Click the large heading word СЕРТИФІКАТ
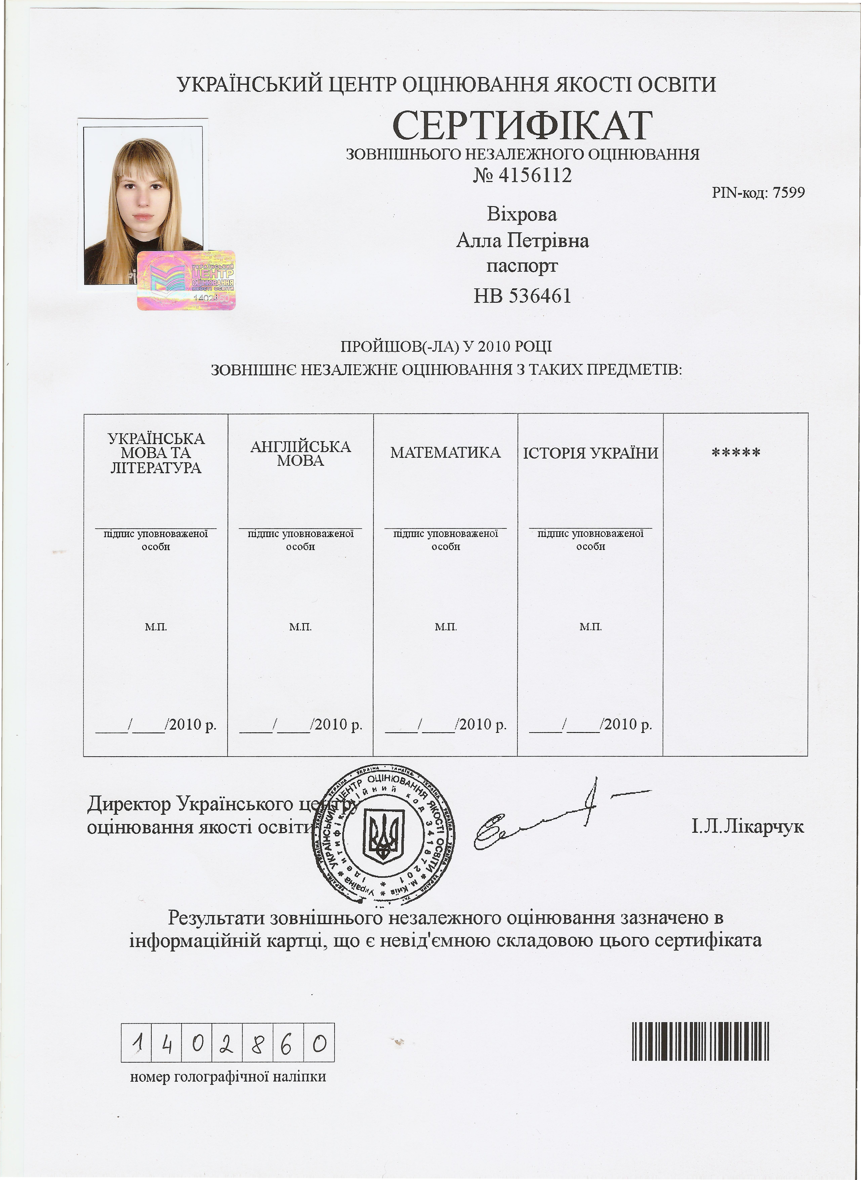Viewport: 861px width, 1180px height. coord(522,125)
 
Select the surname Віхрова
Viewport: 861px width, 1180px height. coord(522,214)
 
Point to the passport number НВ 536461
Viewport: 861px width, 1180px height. coord(522,296)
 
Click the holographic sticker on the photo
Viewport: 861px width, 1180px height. coord(186,280)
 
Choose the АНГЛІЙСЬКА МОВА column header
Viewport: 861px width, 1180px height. coord(301,453)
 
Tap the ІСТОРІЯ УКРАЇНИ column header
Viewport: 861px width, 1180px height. coord(590,453)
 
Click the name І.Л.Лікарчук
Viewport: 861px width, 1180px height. coord(747,826)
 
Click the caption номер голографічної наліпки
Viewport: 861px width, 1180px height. coord(228,1076)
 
